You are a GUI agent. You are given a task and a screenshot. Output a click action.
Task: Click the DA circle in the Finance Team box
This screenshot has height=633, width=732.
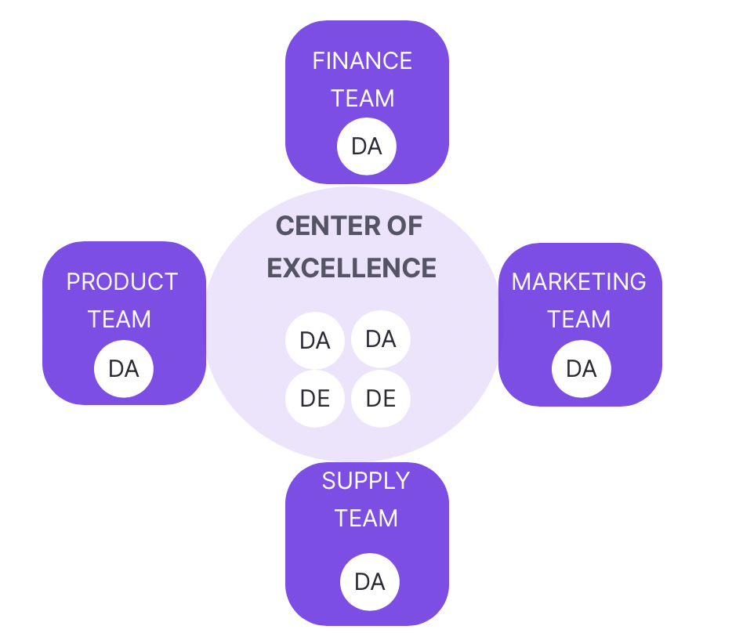coord(366,146)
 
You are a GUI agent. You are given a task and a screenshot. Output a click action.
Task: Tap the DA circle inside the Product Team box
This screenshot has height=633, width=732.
coord(123,368)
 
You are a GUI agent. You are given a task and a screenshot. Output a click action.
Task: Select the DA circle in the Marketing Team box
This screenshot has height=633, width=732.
coord(581,369)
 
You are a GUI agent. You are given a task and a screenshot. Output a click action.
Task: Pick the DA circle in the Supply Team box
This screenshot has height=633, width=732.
coord(369,582)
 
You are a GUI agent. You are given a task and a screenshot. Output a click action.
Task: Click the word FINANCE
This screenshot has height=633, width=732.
coord(362,61)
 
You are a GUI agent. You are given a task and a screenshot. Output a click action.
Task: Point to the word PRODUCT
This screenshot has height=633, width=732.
coord(121,282)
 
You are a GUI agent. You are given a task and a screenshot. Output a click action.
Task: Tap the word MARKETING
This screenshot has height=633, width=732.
coord(578,282)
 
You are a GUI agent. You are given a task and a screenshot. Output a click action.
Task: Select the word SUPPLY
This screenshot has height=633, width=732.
coord(366,481)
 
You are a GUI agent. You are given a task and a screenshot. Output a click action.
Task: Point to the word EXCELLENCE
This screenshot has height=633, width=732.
coord(351,268)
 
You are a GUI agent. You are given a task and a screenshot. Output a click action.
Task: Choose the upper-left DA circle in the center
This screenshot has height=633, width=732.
coord(314,341)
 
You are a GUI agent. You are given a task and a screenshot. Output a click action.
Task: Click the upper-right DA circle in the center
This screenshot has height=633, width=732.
coord(381,339)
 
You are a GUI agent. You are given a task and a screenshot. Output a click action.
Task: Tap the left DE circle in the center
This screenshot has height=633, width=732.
coord(314,399)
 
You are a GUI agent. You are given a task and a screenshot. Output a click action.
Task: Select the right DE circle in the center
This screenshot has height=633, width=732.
coord(381,399)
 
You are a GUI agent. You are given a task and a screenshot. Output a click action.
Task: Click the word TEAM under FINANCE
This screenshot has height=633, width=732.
coord(362,99)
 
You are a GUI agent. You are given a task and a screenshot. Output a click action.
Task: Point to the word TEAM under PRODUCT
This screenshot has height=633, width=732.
coord(119,320)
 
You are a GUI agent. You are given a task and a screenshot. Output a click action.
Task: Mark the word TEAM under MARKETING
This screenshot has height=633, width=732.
coord(578,320)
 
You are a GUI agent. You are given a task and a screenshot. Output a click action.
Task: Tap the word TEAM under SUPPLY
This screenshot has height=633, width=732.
coord(366,519)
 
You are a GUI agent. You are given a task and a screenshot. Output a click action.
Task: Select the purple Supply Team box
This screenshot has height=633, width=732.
coord(313,556)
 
